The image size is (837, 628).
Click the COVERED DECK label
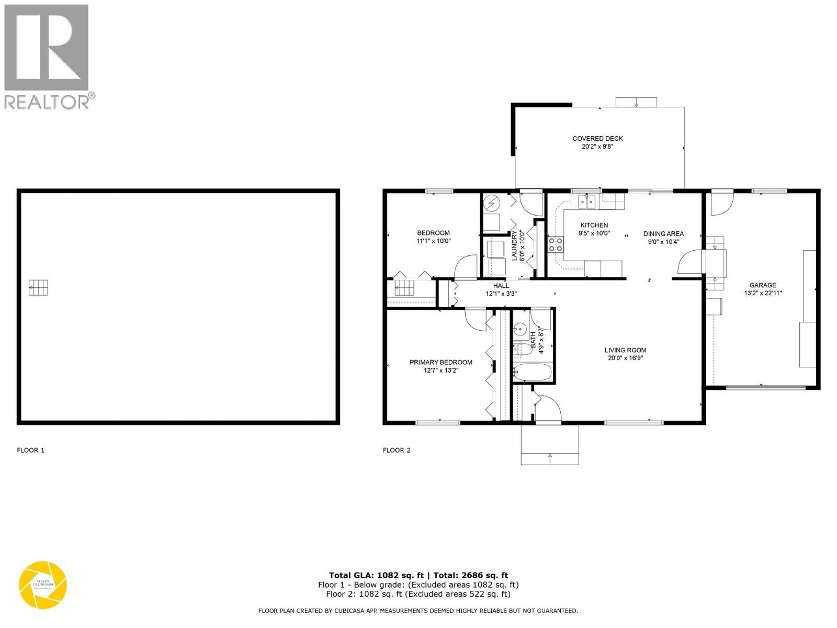[x=597, y=139]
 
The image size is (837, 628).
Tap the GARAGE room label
[x=763, y=285]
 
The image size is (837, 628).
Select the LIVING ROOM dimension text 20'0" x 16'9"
[x=625, y=358]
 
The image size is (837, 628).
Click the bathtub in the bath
[x=532, y=373]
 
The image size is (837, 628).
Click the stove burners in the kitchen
[x=556, y=244]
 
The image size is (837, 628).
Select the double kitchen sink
[x=587, y=201]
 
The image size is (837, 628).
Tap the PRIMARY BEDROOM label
[x=440, y=362]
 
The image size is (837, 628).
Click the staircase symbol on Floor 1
[x=38, y=288]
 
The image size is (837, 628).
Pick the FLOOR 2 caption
[x=397, y=450]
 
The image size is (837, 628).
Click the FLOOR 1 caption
[x=31, y=450]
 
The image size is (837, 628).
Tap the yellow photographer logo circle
[x=43, y=585]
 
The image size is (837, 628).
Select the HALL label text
[x=501, y=286]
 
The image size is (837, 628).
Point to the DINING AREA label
[x=663, y=234]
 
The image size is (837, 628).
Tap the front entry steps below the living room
[x=550, y=445]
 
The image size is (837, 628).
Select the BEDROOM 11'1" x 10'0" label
[x=433, y=237]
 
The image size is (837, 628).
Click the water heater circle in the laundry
[x=492, y=201]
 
